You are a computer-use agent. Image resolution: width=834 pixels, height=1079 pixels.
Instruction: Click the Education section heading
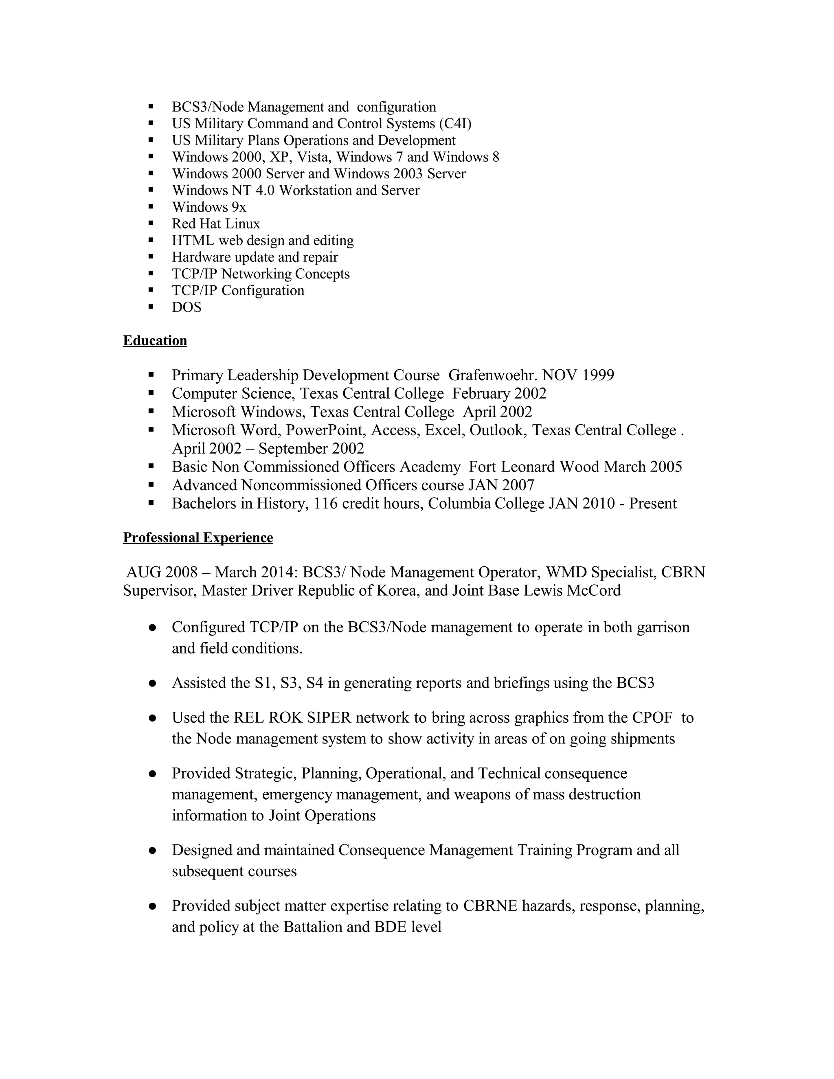click(x=155, y=341)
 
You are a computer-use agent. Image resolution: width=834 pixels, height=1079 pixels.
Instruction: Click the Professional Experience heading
click(x=198, y=537)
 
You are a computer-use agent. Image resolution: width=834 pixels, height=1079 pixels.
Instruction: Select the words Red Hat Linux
click(x=215, y=224)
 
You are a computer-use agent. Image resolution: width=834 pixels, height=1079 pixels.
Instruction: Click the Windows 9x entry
click(x=208, y=207)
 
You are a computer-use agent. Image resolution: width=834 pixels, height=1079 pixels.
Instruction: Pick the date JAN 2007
click(x=501, y=485)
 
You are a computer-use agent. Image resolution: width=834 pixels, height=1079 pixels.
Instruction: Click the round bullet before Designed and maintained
click(x=153, y=851)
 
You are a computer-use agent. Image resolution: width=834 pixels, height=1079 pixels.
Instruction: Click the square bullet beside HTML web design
click(x=151, y=240)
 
